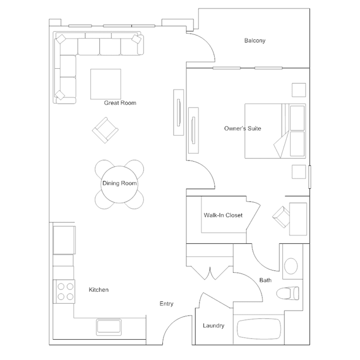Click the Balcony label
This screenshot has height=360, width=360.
pos(255,41)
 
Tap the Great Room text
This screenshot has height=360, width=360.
pos(120,103)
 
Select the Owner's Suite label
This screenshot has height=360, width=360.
pos(242,128)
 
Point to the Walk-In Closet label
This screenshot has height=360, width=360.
pos(223,215)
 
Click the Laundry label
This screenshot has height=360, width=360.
pos(214,326)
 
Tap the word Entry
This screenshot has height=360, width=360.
pos(166,304)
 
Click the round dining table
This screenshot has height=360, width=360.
pos(119,184)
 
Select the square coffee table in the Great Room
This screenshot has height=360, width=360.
pos(105,84)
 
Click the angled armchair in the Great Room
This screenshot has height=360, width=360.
pos(105,130)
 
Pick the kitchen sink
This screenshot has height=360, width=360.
pos(109,327)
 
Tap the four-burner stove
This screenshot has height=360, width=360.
pos(64,292)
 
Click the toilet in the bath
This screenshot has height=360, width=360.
pos(288,293)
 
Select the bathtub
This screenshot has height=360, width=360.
pos(259,329)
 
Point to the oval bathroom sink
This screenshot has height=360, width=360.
pos(291,266)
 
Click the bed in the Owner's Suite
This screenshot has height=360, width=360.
pos(275,131)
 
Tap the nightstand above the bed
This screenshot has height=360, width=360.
pos(299,90)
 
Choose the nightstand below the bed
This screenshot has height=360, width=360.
pos(299,172)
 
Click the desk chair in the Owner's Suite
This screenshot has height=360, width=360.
pos(281,217)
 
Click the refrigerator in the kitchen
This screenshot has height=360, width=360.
pos(64,240)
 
